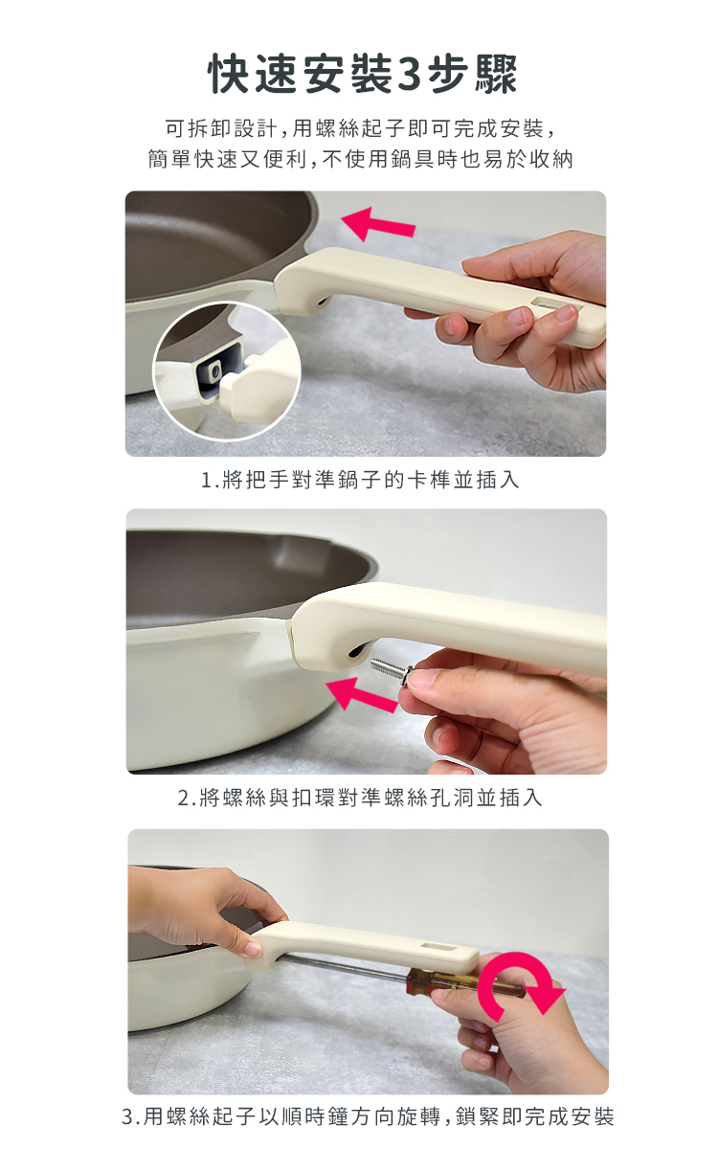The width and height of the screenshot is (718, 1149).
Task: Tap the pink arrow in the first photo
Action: (378, 224)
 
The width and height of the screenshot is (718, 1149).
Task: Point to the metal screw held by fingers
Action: (392, 669)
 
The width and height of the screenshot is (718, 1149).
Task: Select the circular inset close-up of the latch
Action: (227, 371)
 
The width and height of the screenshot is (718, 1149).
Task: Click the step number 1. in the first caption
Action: (210, 481)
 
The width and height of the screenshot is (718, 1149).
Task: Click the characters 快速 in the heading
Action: (254, 75)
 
